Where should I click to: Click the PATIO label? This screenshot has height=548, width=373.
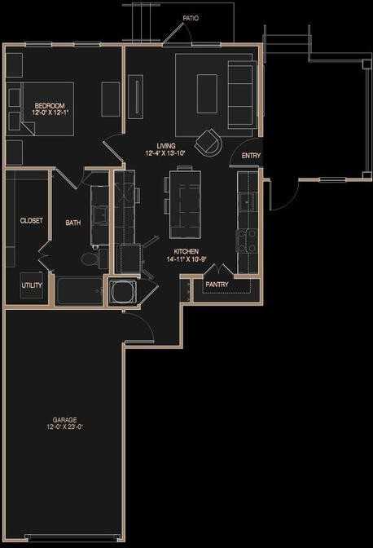coord(191,17)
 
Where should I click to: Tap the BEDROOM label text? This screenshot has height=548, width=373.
coord(47,104)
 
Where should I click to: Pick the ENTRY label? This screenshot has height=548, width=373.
coord(251,156)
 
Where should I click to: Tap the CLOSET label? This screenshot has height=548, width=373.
coord(32,220)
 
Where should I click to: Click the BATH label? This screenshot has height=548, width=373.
coord(73,222)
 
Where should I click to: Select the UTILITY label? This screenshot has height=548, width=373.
coord(32,285)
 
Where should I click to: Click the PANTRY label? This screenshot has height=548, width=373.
coord(217,285)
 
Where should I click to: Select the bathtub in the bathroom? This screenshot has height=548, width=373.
coord(79,290)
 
